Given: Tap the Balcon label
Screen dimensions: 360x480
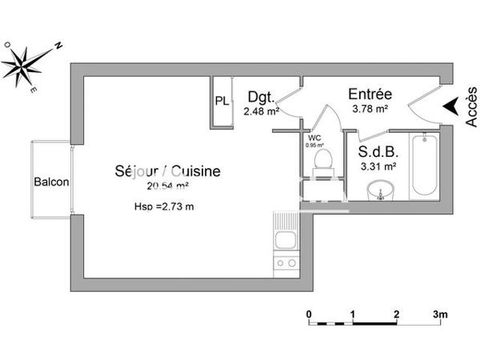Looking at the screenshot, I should pos(51,182).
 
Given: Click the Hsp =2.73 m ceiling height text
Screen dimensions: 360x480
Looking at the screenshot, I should pos(165,207).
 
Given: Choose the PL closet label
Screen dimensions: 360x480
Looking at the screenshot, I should pos(221,101).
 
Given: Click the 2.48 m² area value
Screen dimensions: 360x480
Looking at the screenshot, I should pos(261,112).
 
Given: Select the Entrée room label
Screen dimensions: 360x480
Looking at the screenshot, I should pos(370,94).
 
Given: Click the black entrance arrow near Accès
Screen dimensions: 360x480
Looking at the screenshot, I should pos(452,106).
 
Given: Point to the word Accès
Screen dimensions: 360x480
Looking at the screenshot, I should pos(470,107).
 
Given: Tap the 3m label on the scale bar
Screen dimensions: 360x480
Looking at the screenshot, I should pos(440,314).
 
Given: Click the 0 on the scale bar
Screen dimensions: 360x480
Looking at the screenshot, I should pos(309,314).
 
